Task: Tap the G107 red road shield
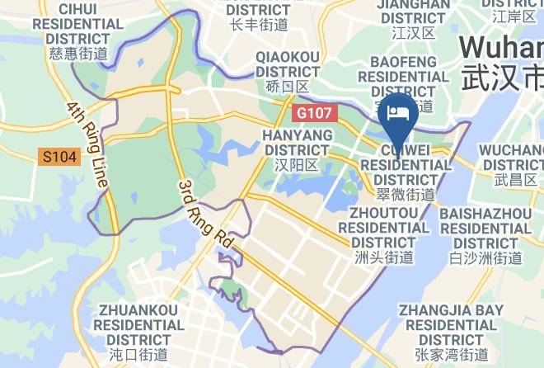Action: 312,110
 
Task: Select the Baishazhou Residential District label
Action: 485,229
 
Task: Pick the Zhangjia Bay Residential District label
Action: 451,325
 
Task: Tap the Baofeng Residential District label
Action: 403,76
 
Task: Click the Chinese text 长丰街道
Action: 259,26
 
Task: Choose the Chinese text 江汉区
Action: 414,33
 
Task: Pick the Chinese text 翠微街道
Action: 406,196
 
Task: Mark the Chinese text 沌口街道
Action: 138,356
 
